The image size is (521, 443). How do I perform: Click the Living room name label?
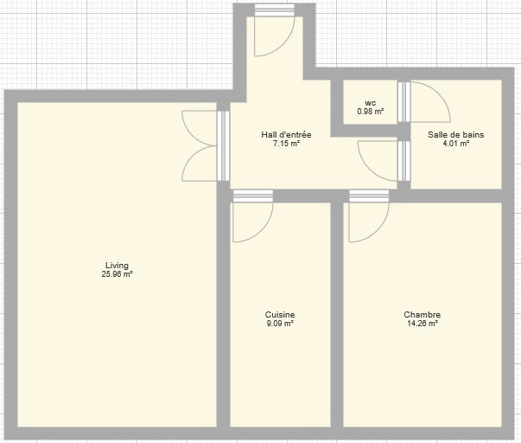pos(117,266)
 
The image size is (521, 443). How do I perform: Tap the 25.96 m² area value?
pos(118,274)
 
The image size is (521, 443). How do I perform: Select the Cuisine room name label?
pos(280,315)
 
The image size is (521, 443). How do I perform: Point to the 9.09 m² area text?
pos(280,324)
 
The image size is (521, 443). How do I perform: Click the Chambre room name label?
pos(423,315)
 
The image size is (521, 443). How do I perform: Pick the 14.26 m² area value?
pos(423,324)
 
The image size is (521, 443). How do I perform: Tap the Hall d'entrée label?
pos(286,135)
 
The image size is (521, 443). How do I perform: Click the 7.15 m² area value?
pos(286,144)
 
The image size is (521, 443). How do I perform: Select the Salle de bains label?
pos(456,135)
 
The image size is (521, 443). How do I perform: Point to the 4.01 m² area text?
pos(456,144)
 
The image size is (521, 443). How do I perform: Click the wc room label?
pos(370,103)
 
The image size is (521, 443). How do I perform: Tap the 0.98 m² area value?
pos(370,112)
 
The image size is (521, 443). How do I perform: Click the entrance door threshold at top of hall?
pos(275,10)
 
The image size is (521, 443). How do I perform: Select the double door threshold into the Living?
pos(223,145)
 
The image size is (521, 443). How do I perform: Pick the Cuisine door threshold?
pos(253,196)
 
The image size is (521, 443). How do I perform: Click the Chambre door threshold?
pos(369,196)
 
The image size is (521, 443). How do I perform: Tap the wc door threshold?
pos(404,102)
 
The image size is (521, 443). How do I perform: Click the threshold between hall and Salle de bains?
pos(404,161)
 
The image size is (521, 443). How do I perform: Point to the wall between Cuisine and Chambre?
pos(337,315)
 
